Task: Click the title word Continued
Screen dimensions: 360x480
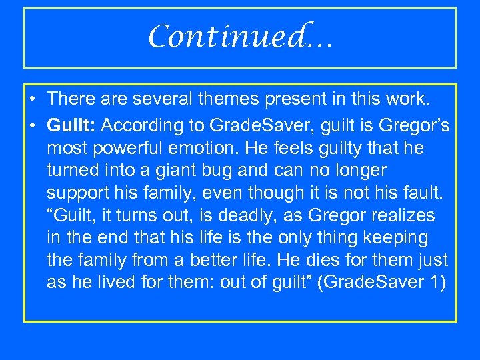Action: [240, 37]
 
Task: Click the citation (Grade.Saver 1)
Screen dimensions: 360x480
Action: [382, 283]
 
